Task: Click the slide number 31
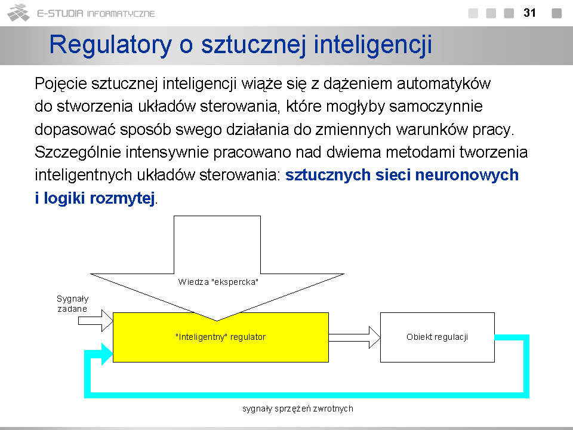[529, 13]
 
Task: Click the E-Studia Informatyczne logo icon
[19, 13]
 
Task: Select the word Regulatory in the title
[110, 45]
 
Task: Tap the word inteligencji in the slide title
[372, 45]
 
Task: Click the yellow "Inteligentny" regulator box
[221, 337]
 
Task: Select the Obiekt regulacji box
[438, 337]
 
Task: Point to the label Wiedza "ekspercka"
[218, 282]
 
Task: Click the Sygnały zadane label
[72, 304]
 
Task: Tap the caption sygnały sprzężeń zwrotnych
[297, 408]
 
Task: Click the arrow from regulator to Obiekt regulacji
[355, 337]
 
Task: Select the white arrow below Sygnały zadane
[95, 321]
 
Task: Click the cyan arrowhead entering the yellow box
[107, 354]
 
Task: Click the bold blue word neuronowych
[467, 175]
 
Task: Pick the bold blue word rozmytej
[122, 198]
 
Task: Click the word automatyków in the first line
[443, 84]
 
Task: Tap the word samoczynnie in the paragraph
[436, 107]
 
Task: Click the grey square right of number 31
[556, 13]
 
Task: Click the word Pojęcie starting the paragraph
[61, 84]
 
